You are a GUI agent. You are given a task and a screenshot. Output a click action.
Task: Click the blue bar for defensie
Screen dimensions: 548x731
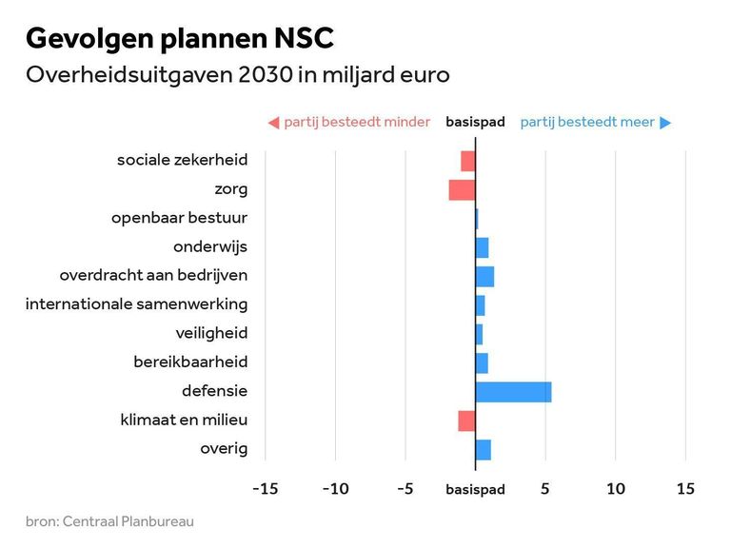(x=513, y=391)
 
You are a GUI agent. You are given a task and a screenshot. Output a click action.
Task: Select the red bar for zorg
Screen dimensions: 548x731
(x=462, y=189)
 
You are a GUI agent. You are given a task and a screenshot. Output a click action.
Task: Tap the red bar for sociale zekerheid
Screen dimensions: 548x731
(x=467, y=161)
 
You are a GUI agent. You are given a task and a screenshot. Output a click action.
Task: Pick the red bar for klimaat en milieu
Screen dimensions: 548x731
(x=466, y=420)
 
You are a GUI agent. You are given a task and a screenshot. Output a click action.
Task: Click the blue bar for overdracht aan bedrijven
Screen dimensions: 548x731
(x=484, y=276)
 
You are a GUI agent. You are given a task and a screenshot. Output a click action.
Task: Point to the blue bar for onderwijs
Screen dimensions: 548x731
(x=482, y=247)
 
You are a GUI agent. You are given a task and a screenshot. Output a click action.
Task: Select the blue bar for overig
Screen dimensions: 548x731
(x=483, y=449)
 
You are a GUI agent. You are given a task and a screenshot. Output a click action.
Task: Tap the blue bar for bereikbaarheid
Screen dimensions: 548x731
(x=482, y=362)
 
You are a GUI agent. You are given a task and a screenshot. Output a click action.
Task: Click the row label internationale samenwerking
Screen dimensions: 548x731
(x=136, y=304)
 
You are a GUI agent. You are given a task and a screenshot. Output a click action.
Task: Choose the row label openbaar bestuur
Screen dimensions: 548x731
(x=179, y=218)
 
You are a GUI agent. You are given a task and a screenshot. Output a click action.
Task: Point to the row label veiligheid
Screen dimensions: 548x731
(x=211, y=333)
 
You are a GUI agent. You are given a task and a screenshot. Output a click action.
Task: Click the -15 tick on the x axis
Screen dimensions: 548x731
(x=265, y=489)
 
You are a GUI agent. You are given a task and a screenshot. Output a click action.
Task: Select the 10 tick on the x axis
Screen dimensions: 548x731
(x=616, y=489)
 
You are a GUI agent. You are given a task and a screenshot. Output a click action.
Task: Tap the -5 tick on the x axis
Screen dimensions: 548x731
(x=405, y=489)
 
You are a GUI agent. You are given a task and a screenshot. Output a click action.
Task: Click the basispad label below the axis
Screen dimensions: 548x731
(x=475, y=490)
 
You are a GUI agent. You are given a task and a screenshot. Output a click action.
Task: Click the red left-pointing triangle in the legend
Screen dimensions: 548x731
(x=273, y=122)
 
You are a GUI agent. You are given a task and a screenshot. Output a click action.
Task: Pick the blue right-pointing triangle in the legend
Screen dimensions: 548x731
(x=665, y=122)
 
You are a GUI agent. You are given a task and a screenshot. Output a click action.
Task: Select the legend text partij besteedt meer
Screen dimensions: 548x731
(x=587, y=122)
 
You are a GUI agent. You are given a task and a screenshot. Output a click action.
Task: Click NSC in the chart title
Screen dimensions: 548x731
(x=302, y=39)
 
